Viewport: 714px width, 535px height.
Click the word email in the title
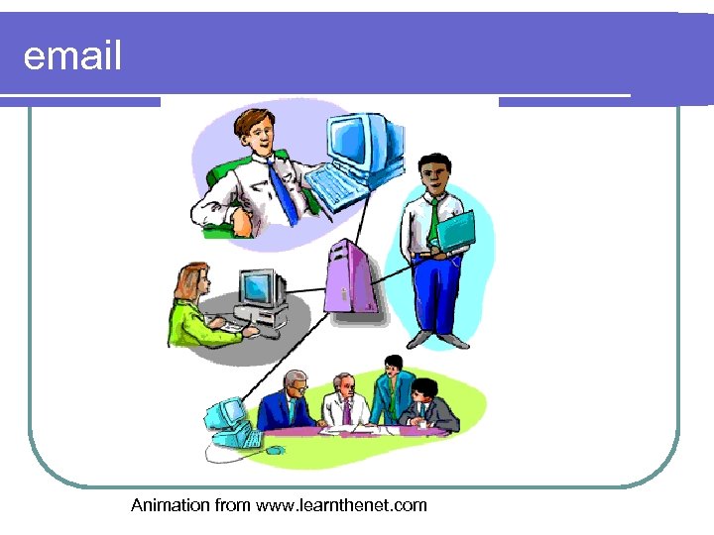[x=72, y=57]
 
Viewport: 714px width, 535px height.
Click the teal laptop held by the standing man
[x=456, y=233]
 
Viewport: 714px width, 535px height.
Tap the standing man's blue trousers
[x=437, y=293]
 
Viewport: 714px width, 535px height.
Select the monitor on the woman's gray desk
[x=259, y=288]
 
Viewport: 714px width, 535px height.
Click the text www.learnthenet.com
[x=341, y=505]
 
